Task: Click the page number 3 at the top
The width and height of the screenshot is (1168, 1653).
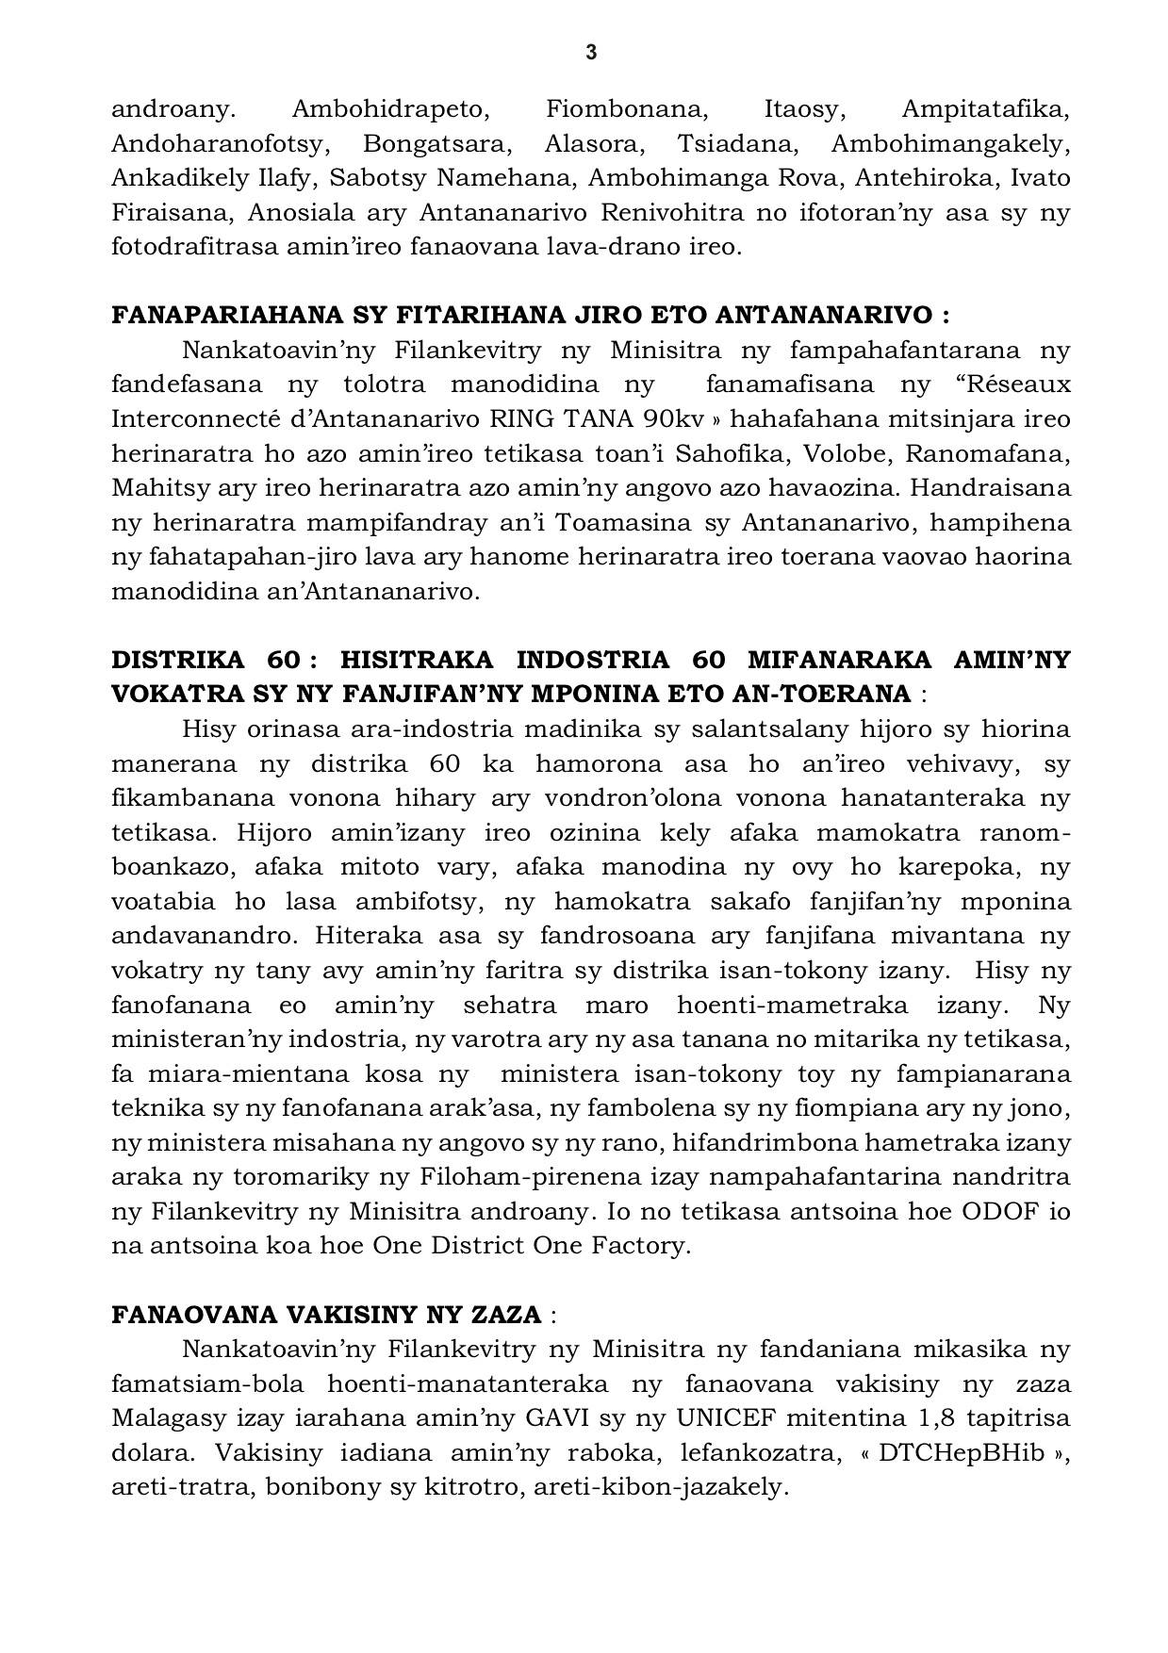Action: tap(591, 53)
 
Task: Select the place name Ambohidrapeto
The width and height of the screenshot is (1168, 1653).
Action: tap(390, 109)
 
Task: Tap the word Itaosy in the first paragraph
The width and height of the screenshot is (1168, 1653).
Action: tap(800, 109)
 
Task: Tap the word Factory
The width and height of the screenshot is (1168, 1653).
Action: tap(641, 1245)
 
